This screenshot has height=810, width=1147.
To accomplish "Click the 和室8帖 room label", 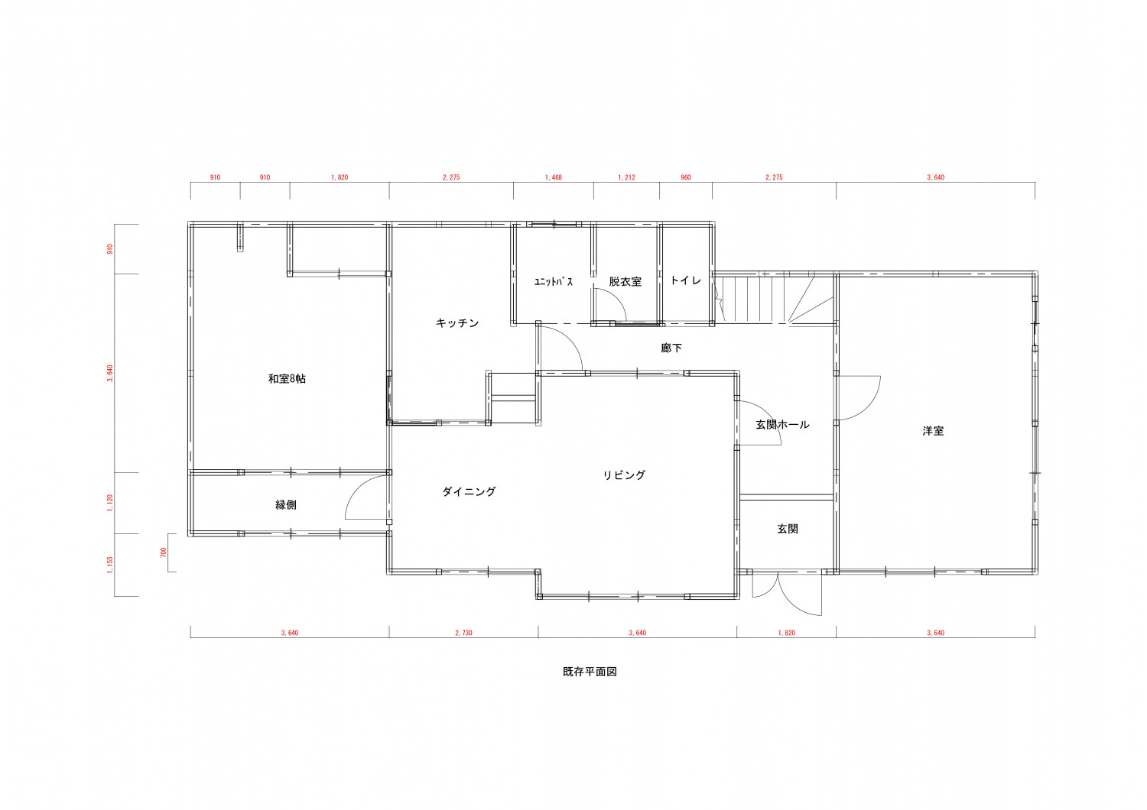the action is pyautogui.click(x=287, y=379).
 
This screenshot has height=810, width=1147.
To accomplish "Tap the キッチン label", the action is pyautogui.click(x=457, y=323).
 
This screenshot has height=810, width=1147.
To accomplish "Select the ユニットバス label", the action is pyautogui.click(x=554, y=281).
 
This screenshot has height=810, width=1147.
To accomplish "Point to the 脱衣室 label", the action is pyautogui.click(x=625, y=281).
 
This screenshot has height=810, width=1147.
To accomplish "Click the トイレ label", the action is pyautogui.click(x=686, y=280).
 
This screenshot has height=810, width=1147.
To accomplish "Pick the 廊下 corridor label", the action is pyautogui.click(x=671, y=348).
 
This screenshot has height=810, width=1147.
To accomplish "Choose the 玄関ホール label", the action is pyautogui.click(x=782, y=425).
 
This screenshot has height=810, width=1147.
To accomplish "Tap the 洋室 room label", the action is pyautogui.click(x=933, y=431).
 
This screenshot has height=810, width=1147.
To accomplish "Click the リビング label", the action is pyautogui.click(x=624, y=475).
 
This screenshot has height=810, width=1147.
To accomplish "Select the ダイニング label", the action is pyautogui.click(x=469, y=491).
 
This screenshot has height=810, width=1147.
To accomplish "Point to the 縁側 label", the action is pyautogui.click(x=286, y=505).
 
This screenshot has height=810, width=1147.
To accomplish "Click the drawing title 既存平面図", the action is pyautogui.click(x=590, y=672).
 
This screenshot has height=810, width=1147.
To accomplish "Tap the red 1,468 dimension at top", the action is pyautogui.click(x=554, y=177).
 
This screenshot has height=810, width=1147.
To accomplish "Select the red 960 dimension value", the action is pyautogui.click(x=686, y=177).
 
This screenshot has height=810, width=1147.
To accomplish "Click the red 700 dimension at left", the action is pyautogui.click(x=164, y=552).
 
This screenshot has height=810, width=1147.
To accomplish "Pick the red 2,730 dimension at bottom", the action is pyautogui.click(x=464, y=633).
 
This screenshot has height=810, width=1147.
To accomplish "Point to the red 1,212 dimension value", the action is pyautogui.click(x=627, y=177).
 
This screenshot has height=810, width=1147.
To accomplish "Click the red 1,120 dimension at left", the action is pyautogui.click(x=110, y=503).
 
